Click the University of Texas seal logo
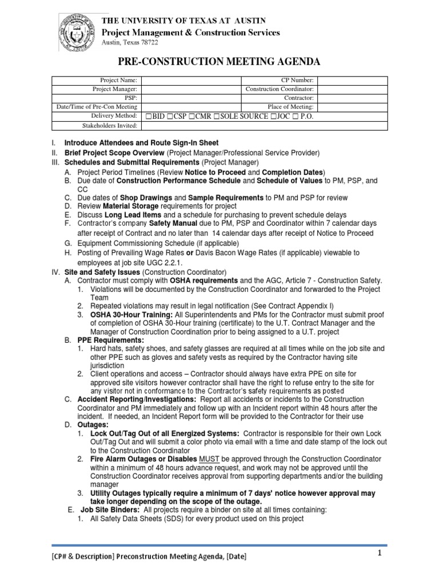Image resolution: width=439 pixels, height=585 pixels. [x=77, y=33]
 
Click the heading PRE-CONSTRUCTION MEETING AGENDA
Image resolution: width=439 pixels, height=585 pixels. [x=219, y=62]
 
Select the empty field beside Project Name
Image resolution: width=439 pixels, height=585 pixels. [x=191, y=81]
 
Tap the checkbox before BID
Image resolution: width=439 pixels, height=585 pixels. [x=148, y=116]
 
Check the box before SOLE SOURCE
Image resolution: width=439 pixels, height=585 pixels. [x=216, y=116]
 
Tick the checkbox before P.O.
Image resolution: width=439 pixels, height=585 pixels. [x=293, y=116]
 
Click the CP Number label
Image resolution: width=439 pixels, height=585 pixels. [x=297, y=81]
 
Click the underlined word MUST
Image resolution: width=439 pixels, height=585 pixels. [x=209, y=459]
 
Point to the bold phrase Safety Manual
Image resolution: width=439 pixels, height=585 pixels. [x=171, y=223]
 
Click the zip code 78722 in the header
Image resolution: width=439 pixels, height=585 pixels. [x=147, y=43]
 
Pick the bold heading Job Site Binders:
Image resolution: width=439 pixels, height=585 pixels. [x=108, y=510]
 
